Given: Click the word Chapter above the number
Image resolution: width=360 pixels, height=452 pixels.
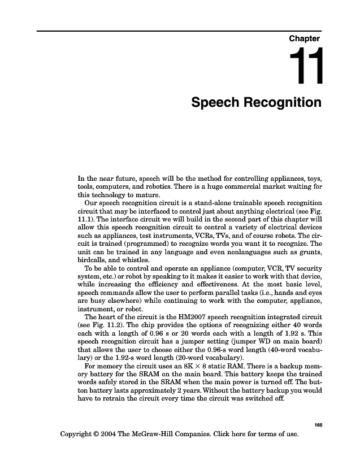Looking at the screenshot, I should tap(305, 39).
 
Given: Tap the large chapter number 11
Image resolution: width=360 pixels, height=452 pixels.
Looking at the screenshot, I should tap(306, 67).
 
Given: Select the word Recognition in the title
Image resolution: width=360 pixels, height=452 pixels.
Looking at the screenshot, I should tap(283, 103).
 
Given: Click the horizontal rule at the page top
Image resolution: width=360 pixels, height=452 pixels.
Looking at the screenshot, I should tap(180, 31).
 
